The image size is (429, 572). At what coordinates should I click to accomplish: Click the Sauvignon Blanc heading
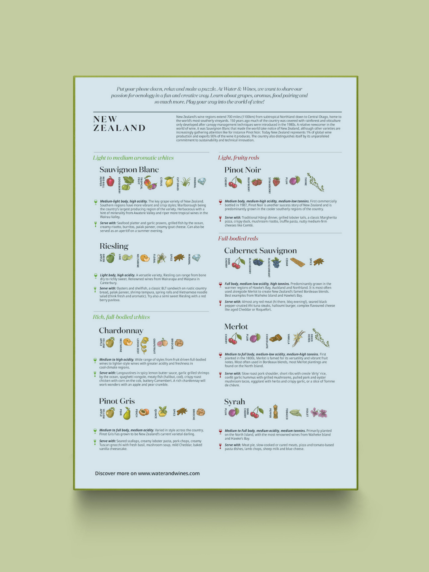(129, 170)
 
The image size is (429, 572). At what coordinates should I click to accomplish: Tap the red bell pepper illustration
(110, 182)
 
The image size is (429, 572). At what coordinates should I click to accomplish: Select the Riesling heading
(114, 246)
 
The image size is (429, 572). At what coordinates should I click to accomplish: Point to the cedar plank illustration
(297, 262)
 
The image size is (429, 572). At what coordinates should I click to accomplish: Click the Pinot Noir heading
(243, 170)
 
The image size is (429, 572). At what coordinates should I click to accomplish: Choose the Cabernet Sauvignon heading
(260, 251)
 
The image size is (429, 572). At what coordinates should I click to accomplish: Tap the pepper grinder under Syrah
(275, 412)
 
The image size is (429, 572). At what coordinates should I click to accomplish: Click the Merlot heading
(236, 326)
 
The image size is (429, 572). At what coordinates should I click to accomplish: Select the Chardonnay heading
(121, 331)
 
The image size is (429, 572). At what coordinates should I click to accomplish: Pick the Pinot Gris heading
(117, 401)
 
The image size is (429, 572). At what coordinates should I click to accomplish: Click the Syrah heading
(234, 402)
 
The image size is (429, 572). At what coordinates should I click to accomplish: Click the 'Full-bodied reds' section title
(238, 238)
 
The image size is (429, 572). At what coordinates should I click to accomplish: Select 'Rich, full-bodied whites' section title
(121, 317)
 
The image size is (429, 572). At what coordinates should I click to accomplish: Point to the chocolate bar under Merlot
(275, 338)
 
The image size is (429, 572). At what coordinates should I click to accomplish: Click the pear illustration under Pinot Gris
(127, 413)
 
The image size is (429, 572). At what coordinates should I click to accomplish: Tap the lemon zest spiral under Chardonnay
(144, 345)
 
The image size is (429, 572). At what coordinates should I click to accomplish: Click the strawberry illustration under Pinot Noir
(276, 182)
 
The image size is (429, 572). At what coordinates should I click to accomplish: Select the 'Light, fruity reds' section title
(238, 157)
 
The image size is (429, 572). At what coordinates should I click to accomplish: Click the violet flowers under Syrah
(319, 413)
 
